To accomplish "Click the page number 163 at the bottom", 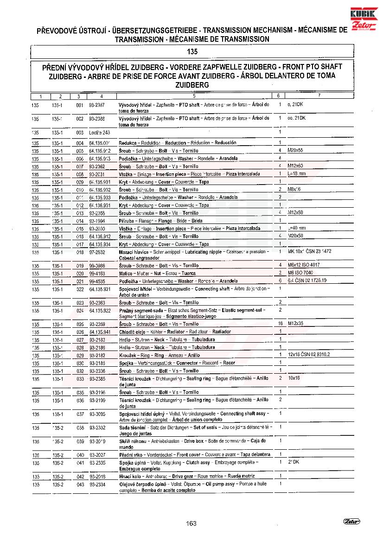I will pos(191,523).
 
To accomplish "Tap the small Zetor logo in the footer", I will pos(352,522).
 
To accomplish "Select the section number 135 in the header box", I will pos(192,52).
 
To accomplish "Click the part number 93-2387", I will pos(97,105).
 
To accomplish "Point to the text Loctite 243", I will pos(99,133).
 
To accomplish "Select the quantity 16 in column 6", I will pos(280,323).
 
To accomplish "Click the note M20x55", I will pos(295,150).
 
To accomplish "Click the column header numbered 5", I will pos(194,96).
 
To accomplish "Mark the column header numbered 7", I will pos(319,96).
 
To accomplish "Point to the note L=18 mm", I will pos(297,173).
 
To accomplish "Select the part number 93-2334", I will pos(97,485).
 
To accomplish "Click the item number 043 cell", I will pos(80,485).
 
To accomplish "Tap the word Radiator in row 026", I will pos(174,332).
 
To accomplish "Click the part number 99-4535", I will pos(97,281).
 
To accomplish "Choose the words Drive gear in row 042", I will pos(184,476).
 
